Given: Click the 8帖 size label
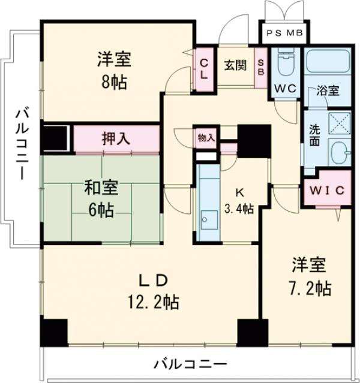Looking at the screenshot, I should (113, 83).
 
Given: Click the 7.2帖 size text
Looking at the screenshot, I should (309, 288).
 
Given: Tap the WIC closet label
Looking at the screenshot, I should (327, 191).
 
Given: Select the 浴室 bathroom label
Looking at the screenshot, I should (328, 92).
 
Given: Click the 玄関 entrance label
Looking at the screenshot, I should (236, 65).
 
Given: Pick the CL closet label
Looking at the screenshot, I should (204, 68).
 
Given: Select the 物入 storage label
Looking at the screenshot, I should (206, 137).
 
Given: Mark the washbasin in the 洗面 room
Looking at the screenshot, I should (340, 155).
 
